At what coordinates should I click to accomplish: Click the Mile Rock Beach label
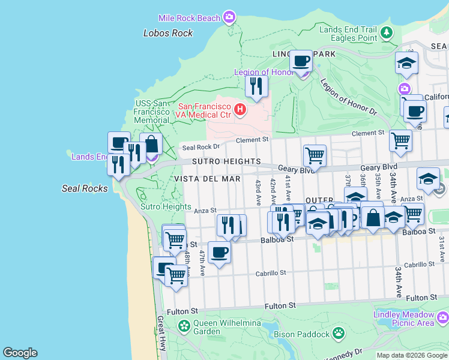point(189,19)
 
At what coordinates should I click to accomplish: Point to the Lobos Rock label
point(168,34)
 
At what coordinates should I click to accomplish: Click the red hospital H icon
point(240,109)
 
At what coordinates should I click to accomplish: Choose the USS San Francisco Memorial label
point(152,112)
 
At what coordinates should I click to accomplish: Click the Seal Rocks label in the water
point(85,188)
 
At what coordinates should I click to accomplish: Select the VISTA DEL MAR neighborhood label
point(208,179)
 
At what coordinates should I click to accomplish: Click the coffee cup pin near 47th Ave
point(219,252)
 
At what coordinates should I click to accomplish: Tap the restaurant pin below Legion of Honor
point(256,86)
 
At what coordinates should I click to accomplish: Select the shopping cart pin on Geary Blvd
point(314,155)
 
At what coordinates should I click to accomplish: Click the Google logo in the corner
point(20,353)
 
